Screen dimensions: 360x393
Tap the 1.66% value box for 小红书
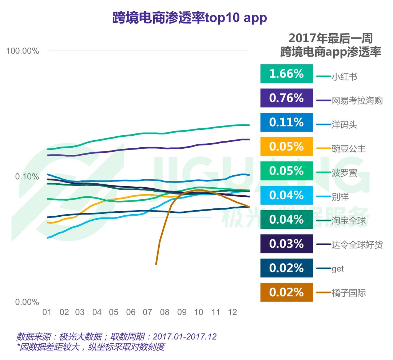(x=286, y=74)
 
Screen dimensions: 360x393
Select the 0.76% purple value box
(x=286, y=98)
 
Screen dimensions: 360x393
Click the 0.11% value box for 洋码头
(x=286, y=122)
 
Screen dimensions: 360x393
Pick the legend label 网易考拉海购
(x=357, y=101)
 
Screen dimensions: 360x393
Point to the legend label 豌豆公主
(x=349, y=149)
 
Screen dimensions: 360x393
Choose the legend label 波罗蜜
(x=344, y=173)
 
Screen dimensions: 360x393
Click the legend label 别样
(x=340, y=197)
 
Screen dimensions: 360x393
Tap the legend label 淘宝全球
(x=349, y=221)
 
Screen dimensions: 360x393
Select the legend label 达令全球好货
(x=357, y=245)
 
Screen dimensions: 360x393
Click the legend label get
(x=338, y=269)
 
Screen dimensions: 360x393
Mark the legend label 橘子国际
(x=349, y=293)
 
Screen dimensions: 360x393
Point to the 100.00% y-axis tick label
(x=23, y=51)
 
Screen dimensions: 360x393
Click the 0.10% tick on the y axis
(x=27, y=177)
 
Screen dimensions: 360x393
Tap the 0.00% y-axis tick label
(x=27, y=302)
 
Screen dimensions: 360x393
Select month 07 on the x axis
(x=147, y=312)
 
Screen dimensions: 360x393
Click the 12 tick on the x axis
(x=232, y=312)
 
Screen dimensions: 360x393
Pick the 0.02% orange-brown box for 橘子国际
(x=286, y=292)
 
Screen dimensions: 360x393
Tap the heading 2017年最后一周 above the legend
(x=330, y=38)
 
